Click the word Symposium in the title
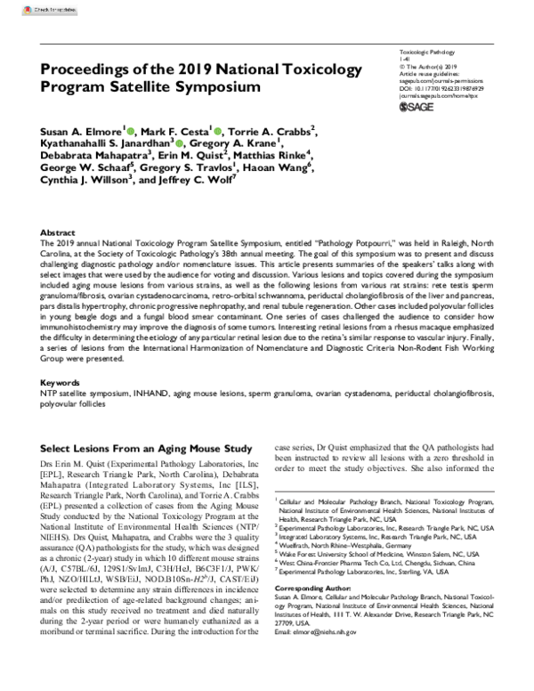tap(220, 88)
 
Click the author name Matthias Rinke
tap(272, 155)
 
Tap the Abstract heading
tap(59, 230)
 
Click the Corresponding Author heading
tap(311, 589)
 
